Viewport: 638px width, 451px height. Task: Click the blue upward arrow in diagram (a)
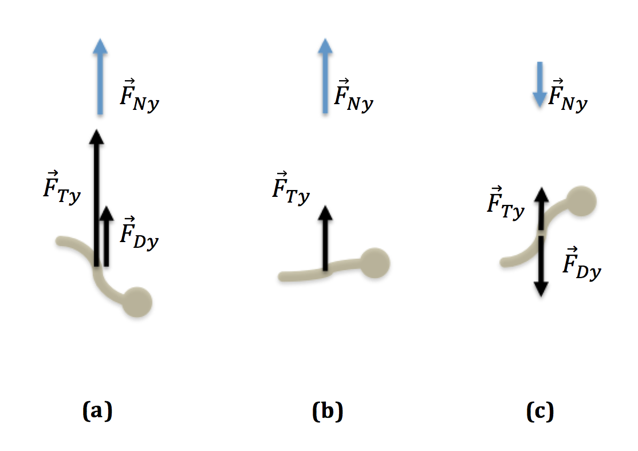tap(100, 77)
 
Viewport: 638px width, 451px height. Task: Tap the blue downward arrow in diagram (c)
tap(539, 85)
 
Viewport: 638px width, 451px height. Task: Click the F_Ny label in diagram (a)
tap(139, 96)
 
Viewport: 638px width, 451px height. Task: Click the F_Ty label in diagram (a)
tap(62, 188)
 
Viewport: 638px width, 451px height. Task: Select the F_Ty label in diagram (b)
tap(291, 188)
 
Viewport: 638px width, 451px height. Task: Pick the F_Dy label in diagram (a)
tap(139, 234)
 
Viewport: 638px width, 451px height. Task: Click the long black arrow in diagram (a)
tap(96, 198)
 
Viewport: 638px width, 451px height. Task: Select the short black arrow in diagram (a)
tap(106, 236)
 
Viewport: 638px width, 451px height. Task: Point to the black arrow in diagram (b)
tap(325, 238)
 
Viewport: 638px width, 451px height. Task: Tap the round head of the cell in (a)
tap(137, 302)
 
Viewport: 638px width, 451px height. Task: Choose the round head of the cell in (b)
tap(375, 263)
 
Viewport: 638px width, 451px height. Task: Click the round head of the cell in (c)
tap(581, 201)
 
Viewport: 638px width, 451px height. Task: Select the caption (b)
tap(328, 411)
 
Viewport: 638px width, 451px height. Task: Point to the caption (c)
tap(540, 411)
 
